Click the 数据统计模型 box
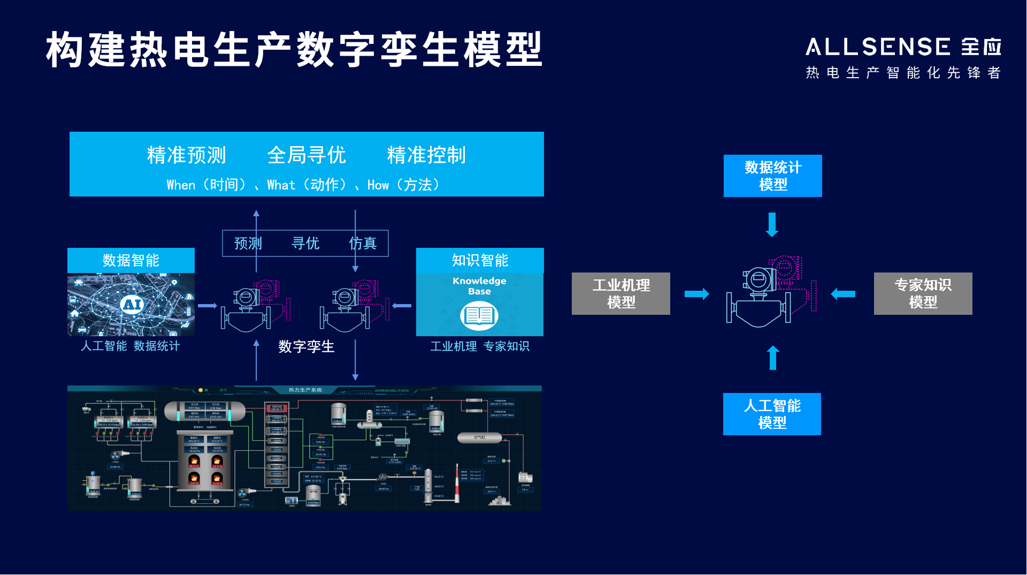pos(772,176)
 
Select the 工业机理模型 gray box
pos(620,293)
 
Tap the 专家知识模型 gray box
pos(923,293)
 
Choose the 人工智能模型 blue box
pos(772,414)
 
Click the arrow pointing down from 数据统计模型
pos(772,225)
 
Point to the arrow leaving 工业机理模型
pos(696,293)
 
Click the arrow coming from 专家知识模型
pos(843,293)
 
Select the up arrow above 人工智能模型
pos(772,358)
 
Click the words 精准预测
pos(187,155)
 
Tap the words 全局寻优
pos(306,155)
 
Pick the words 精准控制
pos(426,155)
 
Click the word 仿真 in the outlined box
pos(363,244)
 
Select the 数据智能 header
pos(131,260)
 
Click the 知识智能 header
pos(480,260)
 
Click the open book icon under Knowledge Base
pos(479,315)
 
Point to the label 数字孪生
pos(306,346)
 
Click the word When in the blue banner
pos(181,185)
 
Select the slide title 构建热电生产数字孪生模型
pos(294,50)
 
